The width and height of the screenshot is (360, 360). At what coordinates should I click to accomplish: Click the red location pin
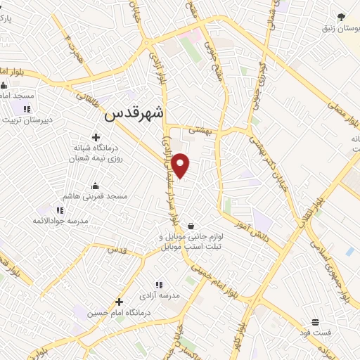coord(181,165)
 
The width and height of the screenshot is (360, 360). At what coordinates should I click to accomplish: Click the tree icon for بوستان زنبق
coord(342,16)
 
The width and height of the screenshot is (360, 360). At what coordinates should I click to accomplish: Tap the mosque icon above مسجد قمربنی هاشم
coord(96,186)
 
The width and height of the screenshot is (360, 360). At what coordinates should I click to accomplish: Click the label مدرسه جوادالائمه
coord(60,221)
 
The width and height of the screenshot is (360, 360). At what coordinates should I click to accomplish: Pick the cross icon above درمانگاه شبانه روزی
coord(96,137)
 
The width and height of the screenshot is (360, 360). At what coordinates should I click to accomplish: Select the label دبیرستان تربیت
coord(28,120)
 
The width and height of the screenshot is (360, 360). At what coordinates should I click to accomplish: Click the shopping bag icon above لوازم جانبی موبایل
coord(191,226)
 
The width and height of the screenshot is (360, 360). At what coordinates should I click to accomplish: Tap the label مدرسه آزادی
coord(159,295)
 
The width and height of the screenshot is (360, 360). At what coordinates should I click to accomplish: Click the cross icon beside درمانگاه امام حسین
coord(120,302)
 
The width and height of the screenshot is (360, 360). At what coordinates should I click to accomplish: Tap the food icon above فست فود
coord(315,321)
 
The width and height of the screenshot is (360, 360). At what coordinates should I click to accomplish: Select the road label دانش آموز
coord(266,236)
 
